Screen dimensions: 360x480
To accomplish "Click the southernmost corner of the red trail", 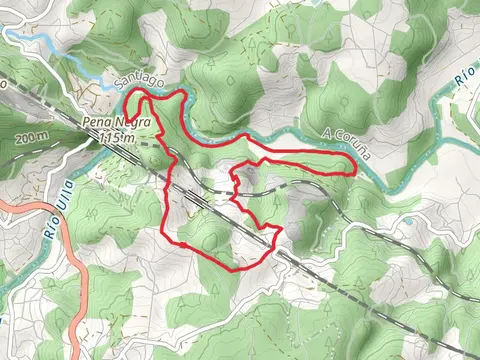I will click(234, 270).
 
